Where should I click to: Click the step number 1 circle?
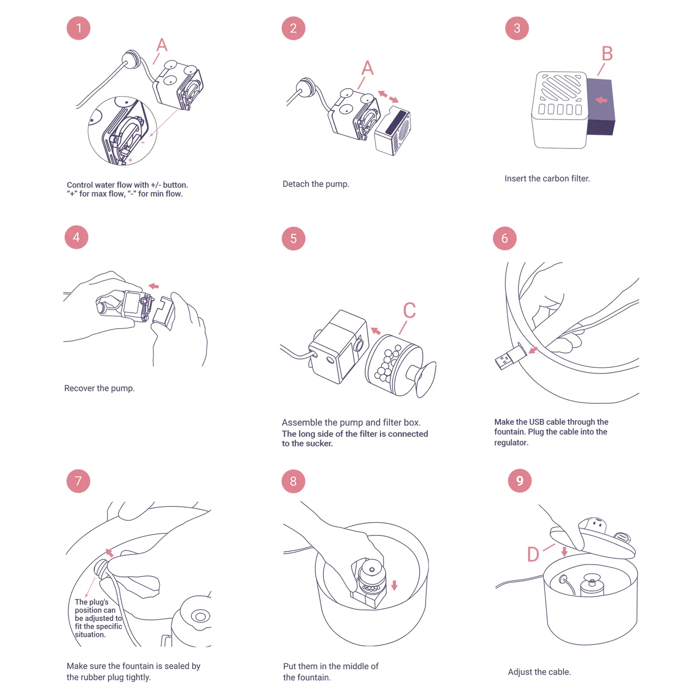[79, 28]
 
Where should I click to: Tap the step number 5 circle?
[293, 239]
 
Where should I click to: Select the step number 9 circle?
[519, 481]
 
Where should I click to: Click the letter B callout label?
[607, 54]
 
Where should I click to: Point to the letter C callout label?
[409, 311]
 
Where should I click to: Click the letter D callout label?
[533, 554]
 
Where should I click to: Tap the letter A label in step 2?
[367, 68]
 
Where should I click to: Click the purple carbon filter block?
[601, 107]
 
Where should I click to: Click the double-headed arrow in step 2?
[388, 97]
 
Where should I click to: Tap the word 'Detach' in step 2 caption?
[296, 184]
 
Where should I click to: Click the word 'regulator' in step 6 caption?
[510, 443]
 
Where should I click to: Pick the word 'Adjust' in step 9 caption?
[519, 672]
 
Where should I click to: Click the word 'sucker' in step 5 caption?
[319, 443]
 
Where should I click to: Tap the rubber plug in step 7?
[101, 568]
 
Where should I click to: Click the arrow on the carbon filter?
[601, 100]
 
